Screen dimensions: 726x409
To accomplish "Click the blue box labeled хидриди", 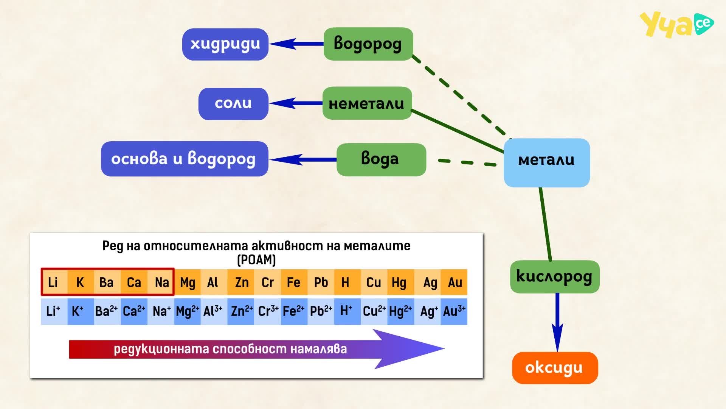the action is (225, 44).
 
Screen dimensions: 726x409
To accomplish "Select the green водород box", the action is (368, 44).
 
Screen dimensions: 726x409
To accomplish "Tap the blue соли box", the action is (233, 104).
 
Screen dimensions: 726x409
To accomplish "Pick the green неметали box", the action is (367, 103).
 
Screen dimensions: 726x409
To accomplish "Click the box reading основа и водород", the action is (185, 159).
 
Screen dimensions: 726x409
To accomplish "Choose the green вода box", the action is (381, 159).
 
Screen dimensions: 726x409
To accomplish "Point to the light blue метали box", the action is (547, 163).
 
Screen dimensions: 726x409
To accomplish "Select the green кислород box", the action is (555, 276).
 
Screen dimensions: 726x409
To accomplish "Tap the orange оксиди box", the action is (555, 368).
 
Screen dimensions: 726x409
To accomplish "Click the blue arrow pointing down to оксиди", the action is (557, 322).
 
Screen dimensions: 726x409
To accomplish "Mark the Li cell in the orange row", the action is (54, 282).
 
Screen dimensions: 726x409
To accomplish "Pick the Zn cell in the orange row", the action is (241, 282).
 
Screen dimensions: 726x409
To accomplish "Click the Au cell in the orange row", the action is (454, 282).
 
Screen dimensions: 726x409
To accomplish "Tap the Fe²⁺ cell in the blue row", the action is (294, 311).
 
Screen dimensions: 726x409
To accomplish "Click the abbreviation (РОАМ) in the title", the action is (256, 260).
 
